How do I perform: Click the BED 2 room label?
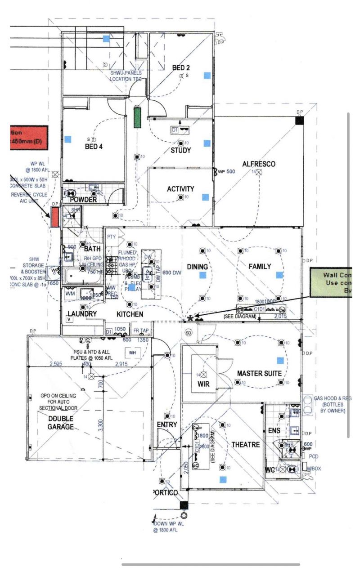pyautogui.click(x=181, y=68)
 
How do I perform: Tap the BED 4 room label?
pyautogui.click(x=94, y=147)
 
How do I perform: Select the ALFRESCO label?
pyautogui.click(x=259, y=164)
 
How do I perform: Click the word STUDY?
pyautogui.click(x=180, y=150)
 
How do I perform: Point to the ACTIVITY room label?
pyautogui.click(x=180, y=189)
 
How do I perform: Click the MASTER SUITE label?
pyautogui.click(x=259, y=373)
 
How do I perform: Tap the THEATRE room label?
pyautogui.click(x=246, y=445)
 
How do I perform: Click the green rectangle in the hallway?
pyautogui.click(x=137, y=117)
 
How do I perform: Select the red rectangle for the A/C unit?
pyautogui.click(x=54, y=218)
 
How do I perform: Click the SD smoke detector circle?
pyautogui.click(x=189, y=332)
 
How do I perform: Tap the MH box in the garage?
pyautogui.click(x=133, y=353)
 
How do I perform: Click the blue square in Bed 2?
pyautogui.click(x=207, y=76)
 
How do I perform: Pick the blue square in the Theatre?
pyautogui.click(x=223, y=480)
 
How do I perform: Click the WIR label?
pyautogui.click(x=203, y=384)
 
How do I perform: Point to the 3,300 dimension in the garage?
pyautogui.click(x=100, y=424)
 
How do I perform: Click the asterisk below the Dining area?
pyautogui.click(x=191, y=318)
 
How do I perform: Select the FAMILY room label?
pyautogui.click(x=260, y=266)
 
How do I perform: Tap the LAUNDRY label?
pyautogui.click(x=82, y=313)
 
